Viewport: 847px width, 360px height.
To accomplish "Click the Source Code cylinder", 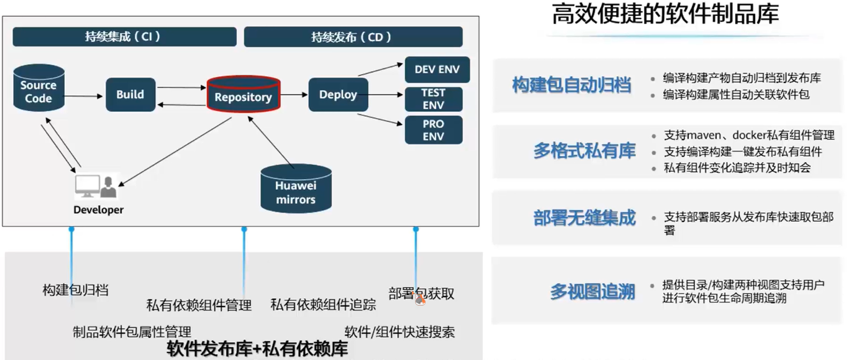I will [x=38, y=88].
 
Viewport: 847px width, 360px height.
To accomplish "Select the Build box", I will [x=130, y=95].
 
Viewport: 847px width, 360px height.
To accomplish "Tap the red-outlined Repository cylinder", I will [x=243, y=94].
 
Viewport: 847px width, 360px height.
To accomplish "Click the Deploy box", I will [x=338, y=95].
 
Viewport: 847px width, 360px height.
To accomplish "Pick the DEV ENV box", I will [x=437, y=70].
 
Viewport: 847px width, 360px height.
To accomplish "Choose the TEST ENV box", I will [x=433, y=99].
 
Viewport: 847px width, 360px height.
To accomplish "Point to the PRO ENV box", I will [x=433, y=130].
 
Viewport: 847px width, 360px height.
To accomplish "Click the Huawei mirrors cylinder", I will [x=296, y=189].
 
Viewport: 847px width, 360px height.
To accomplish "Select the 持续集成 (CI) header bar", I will [x=124, y=37].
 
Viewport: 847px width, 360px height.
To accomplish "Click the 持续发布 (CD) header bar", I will [x=352, y=37].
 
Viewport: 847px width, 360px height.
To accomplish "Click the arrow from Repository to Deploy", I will [x=294, y=95].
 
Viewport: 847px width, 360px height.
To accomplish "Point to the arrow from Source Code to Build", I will [x=84, y=96].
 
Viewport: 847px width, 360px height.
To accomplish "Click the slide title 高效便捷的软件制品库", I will [x=665, y=14].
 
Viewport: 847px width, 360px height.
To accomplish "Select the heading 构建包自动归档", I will [x=571, y=85].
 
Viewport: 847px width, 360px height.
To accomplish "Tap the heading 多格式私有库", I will [x=584, y=151].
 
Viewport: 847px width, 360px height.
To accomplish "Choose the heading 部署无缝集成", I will [x=584, y=218].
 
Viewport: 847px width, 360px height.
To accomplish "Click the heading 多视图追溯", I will [x=592, y=291].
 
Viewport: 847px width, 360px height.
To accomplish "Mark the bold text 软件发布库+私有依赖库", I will [x=257, y=349].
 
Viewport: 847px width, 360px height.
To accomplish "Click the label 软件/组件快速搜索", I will [x=399, y=332].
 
